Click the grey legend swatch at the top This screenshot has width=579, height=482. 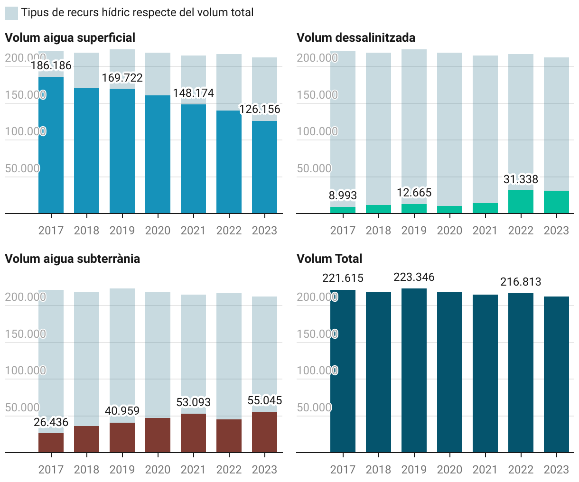(x=11, y=13)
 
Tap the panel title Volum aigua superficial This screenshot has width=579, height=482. (x=70, y=38)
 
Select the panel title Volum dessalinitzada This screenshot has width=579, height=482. (x=356, y=38)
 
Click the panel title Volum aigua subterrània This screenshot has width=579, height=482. (x=72, y=259)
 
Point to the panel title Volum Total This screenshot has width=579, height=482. (x=329, y=259)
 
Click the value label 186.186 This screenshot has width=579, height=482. (x=51, y=65)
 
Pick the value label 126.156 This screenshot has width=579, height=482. (x=260, y=110)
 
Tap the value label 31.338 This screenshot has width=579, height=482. (x=521, y=179)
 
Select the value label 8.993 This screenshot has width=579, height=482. (x=343, y=195)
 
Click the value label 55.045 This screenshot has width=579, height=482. (x=265, y=401)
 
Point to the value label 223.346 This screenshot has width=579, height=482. (x=414, y=277)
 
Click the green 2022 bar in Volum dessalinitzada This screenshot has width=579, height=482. (x=521, y=202)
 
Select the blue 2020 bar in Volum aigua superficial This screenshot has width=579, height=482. (x=158, y=154)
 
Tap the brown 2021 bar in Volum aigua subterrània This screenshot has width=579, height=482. (x=193, y=433)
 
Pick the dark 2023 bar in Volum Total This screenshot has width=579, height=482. (x=556, y=374)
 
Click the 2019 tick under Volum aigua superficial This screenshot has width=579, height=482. (x=122, y=231)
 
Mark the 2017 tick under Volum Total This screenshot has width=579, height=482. (x=343, y=470)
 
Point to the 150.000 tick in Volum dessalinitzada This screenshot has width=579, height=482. (x=317, y=95)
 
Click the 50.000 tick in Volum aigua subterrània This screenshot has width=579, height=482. (x=22, y=408)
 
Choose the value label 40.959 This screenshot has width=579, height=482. (x=122, y=411)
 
